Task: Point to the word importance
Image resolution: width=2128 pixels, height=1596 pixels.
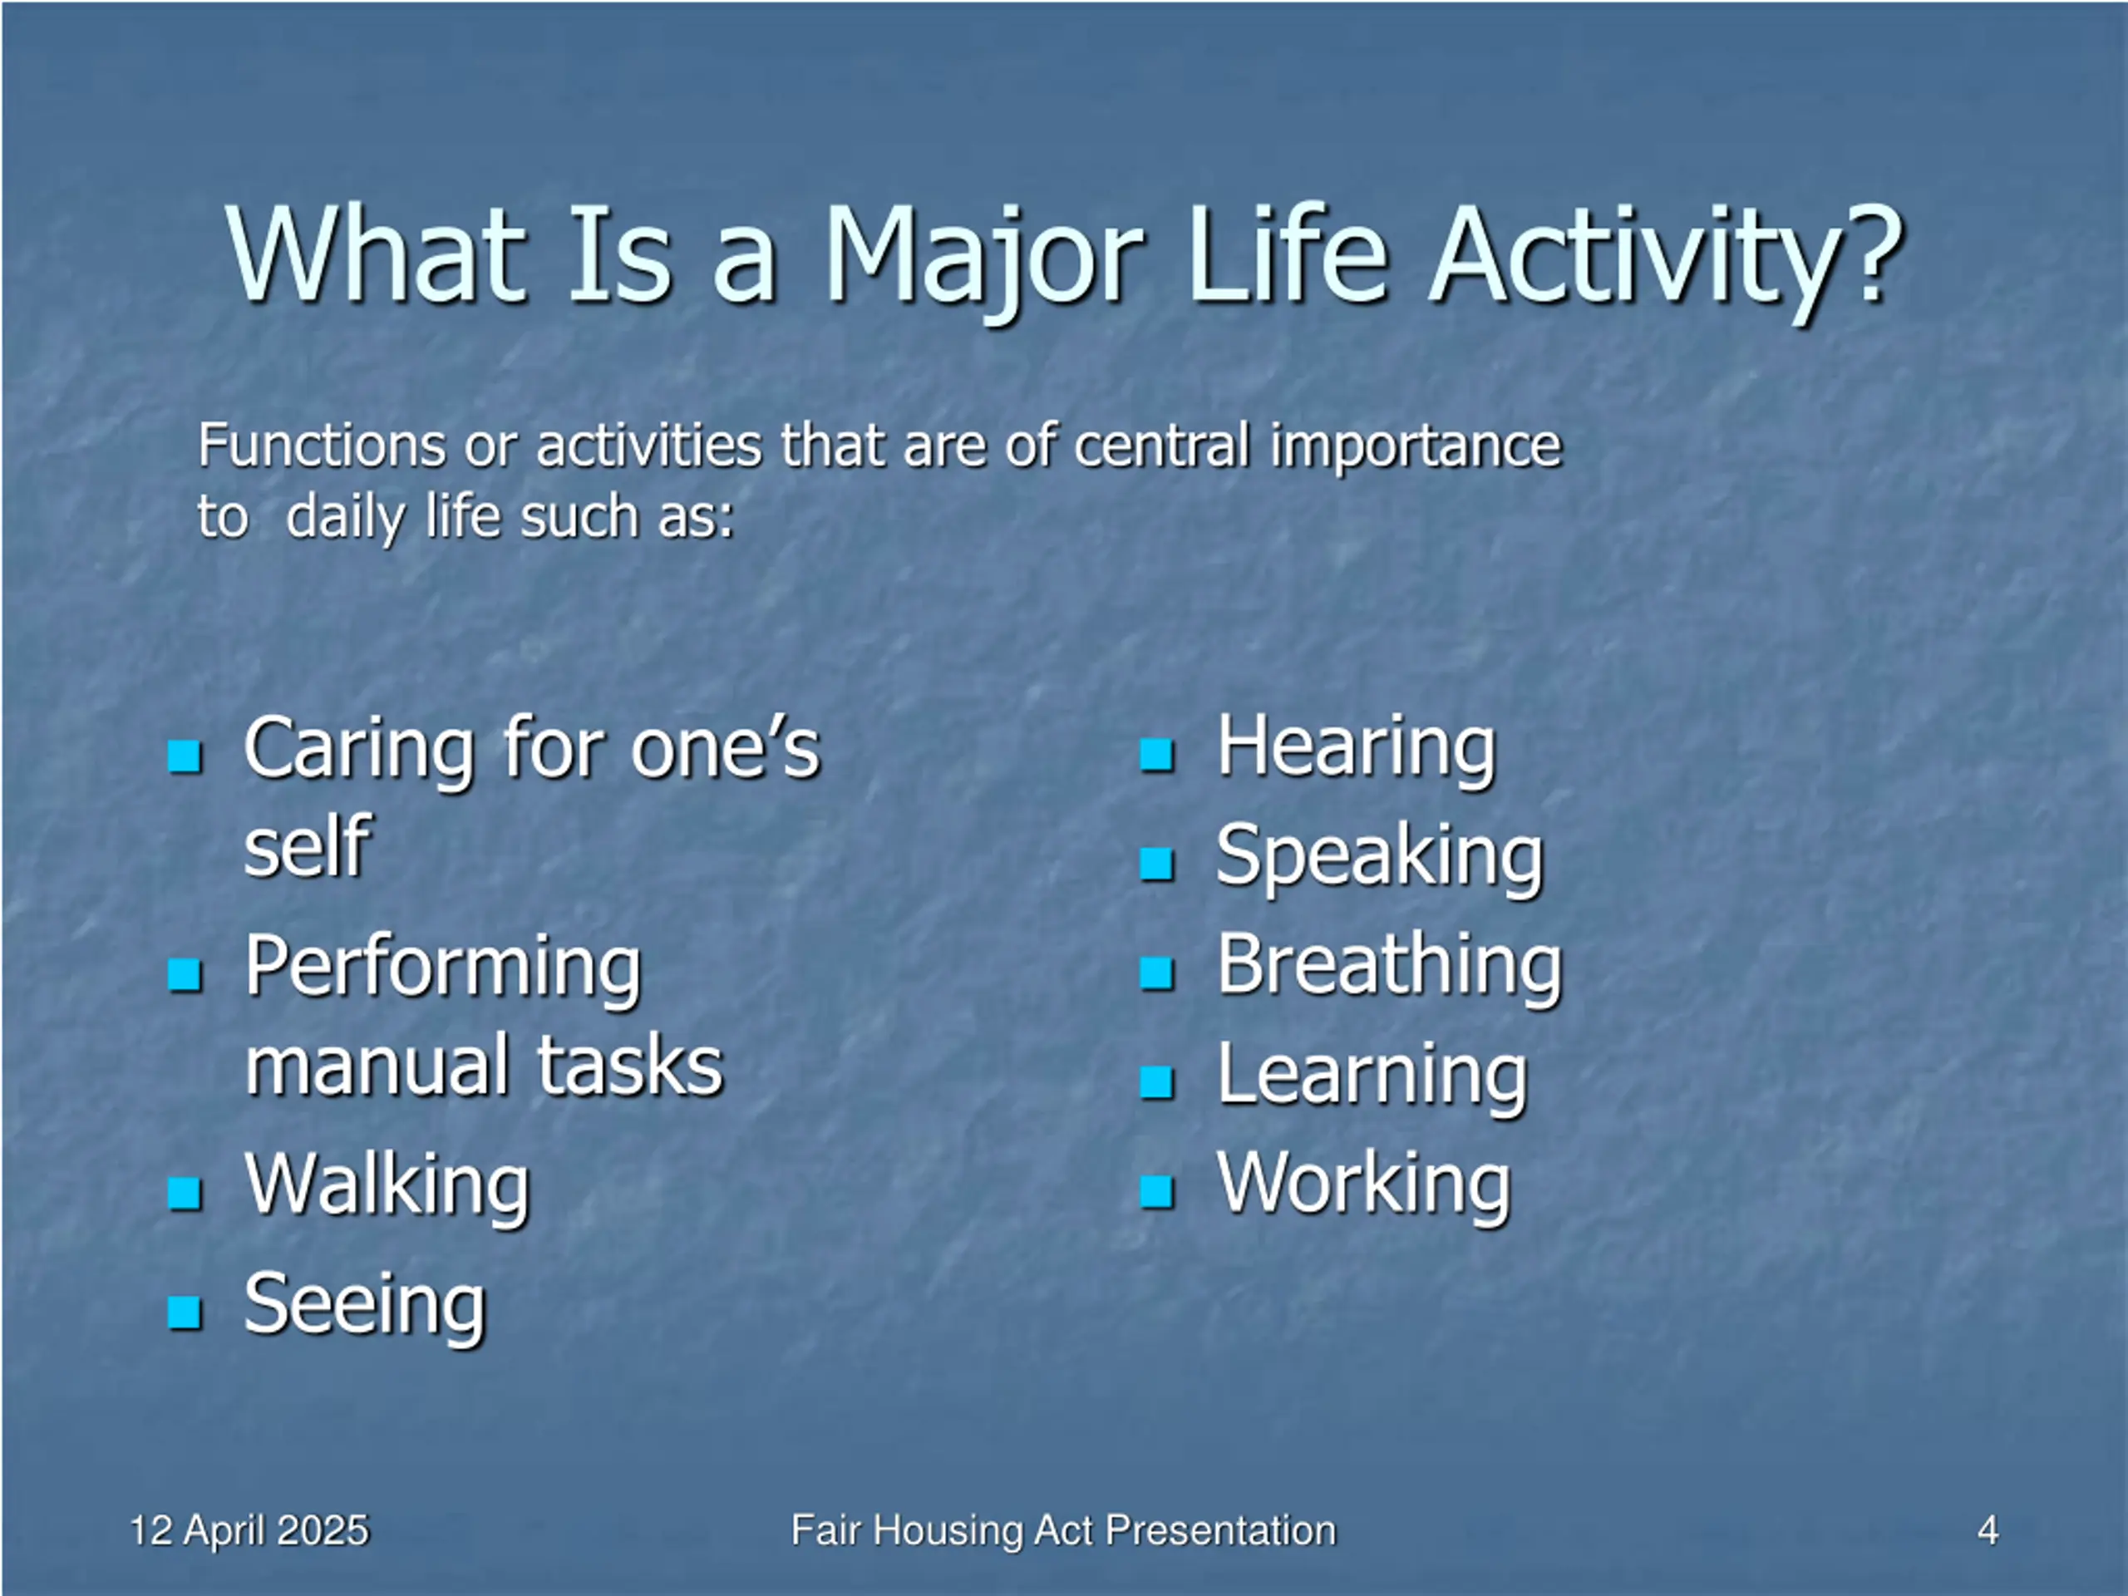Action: pos(1415,447)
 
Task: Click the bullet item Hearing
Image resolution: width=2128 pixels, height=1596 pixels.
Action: pos(1357,750)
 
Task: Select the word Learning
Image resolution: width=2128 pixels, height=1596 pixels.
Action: pos(1372,1076)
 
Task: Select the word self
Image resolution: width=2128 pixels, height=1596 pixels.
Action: pos(307,846)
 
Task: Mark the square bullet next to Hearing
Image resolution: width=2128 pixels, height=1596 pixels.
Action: pos(1156,755)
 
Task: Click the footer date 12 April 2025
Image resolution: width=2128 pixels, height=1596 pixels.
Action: pos(249,1530)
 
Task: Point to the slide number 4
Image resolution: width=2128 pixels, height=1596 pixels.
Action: pos(1988,1530)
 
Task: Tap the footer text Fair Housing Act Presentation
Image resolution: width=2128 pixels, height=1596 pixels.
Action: pos(1063,1530)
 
